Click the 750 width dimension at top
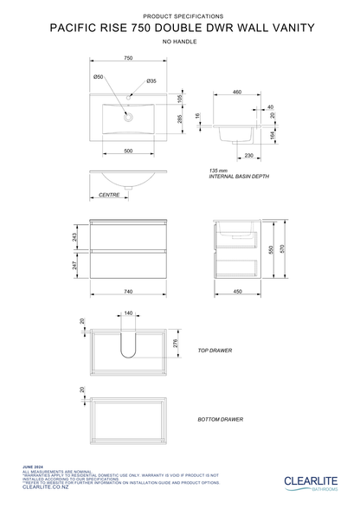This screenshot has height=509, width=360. [x=127, y=58]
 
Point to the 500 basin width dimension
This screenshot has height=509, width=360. [x=127, y=151]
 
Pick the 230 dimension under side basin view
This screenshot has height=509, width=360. [x=247, y=156]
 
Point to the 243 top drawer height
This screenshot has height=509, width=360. [x=74, y=236]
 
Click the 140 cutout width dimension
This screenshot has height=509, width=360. [x=128, y=312]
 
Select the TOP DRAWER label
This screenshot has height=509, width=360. [x=215, y=351]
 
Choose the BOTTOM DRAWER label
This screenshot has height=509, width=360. [x=220, y=418]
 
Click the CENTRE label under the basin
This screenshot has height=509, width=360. [x=108, y=196]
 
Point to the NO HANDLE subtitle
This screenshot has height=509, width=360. [x=179, y=41]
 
